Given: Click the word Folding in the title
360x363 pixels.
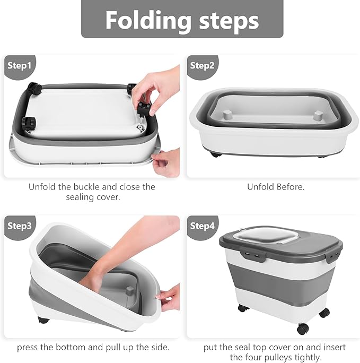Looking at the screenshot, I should [x=146, y=20].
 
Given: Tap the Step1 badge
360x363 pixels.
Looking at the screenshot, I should [x=20, y=65].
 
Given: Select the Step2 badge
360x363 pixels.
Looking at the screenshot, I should [x=202, y=65].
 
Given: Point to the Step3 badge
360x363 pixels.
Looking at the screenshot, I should [x=20, y=226].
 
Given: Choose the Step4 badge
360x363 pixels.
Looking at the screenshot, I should [x=202, y=226].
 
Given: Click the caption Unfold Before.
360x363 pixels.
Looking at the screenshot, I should [x=276, y=187].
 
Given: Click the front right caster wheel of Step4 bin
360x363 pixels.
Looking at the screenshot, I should [x=303, y=329].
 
